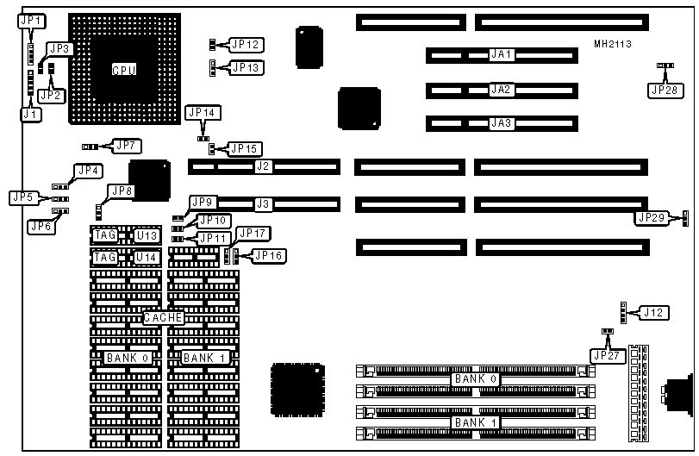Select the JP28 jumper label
665,88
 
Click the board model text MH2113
614,42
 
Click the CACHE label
163,317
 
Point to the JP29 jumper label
652,217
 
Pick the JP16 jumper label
269,255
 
